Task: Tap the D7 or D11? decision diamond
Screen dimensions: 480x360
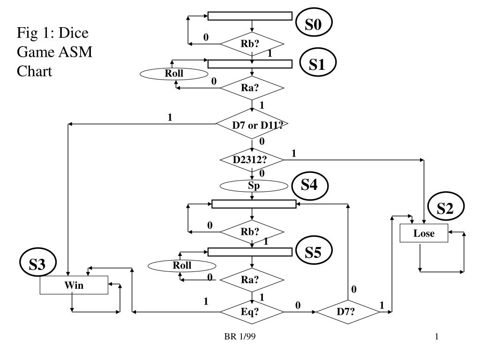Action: (252, 124)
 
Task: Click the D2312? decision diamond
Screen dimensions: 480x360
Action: (252, 160)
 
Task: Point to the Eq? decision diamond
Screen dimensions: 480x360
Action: (252, 312)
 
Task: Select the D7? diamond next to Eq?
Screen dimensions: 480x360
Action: (348, 312)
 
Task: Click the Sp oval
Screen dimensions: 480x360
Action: (254, 186)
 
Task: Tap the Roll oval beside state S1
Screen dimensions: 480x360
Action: (174, 74)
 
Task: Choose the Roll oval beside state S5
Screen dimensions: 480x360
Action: (182, 266)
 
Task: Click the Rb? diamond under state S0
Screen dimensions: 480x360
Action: (252, 44)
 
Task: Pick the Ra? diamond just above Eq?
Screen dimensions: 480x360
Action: (252, 279)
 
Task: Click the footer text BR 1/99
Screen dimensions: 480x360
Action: (240, 337)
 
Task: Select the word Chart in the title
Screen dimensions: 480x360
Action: (34, 71)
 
